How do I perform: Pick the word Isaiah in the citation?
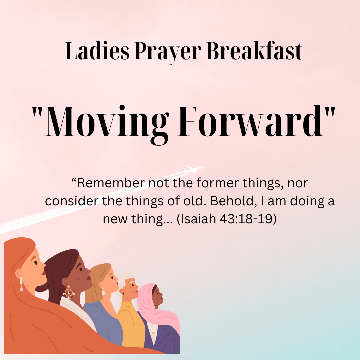click(199, 219)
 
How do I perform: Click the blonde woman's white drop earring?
click(103, 292)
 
